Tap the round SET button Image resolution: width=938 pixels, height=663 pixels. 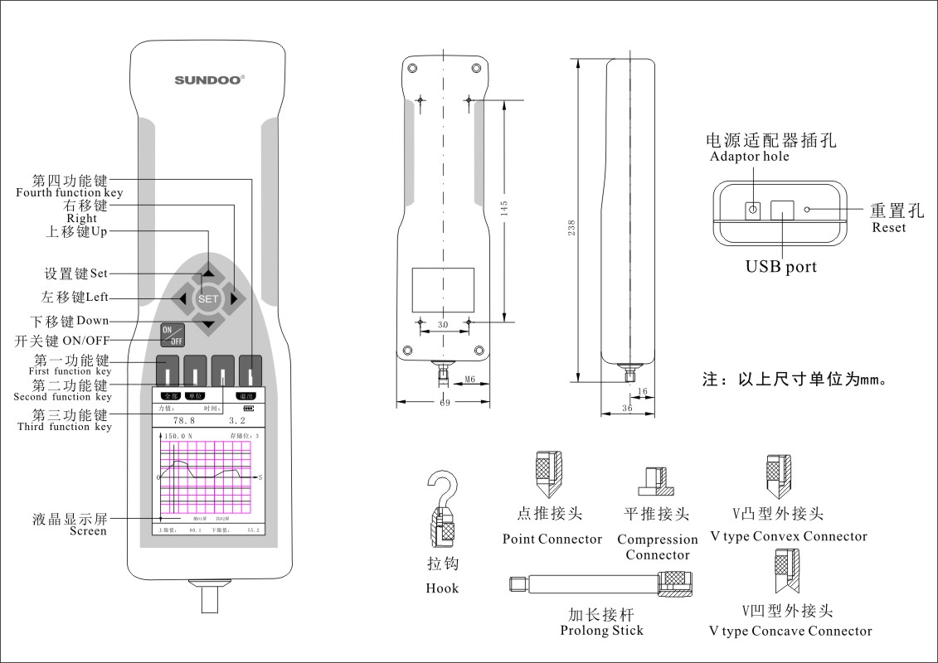208,298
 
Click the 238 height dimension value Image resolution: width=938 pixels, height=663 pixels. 571,229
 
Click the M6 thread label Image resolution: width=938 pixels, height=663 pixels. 470,380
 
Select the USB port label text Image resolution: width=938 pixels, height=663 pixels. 780,267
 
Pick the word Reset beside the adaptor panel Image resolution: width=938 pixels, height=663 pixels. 889,228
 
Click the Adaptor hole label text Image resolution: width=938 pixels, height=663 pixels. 750,157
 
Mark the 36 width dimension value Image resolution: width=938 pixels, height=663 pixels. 627,409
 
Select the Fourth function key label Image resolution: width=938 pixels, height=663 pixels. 70,192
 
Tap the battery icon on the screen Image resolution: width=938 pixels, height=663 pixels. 250,409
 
